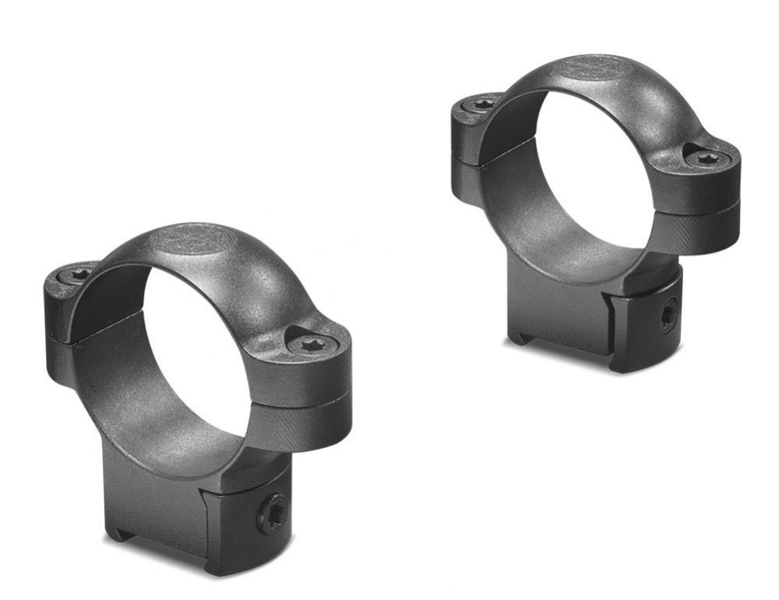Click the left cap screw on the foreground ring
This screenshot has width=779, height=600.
click(x=79, y=275)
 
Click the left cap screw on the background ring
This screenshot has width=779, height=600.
click(x=484, y=104)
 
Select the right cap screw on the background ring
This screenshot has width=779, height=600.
click(x=707, y=158)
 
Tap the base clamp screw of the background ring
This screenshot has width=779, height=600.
click(x=668, y=316)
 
